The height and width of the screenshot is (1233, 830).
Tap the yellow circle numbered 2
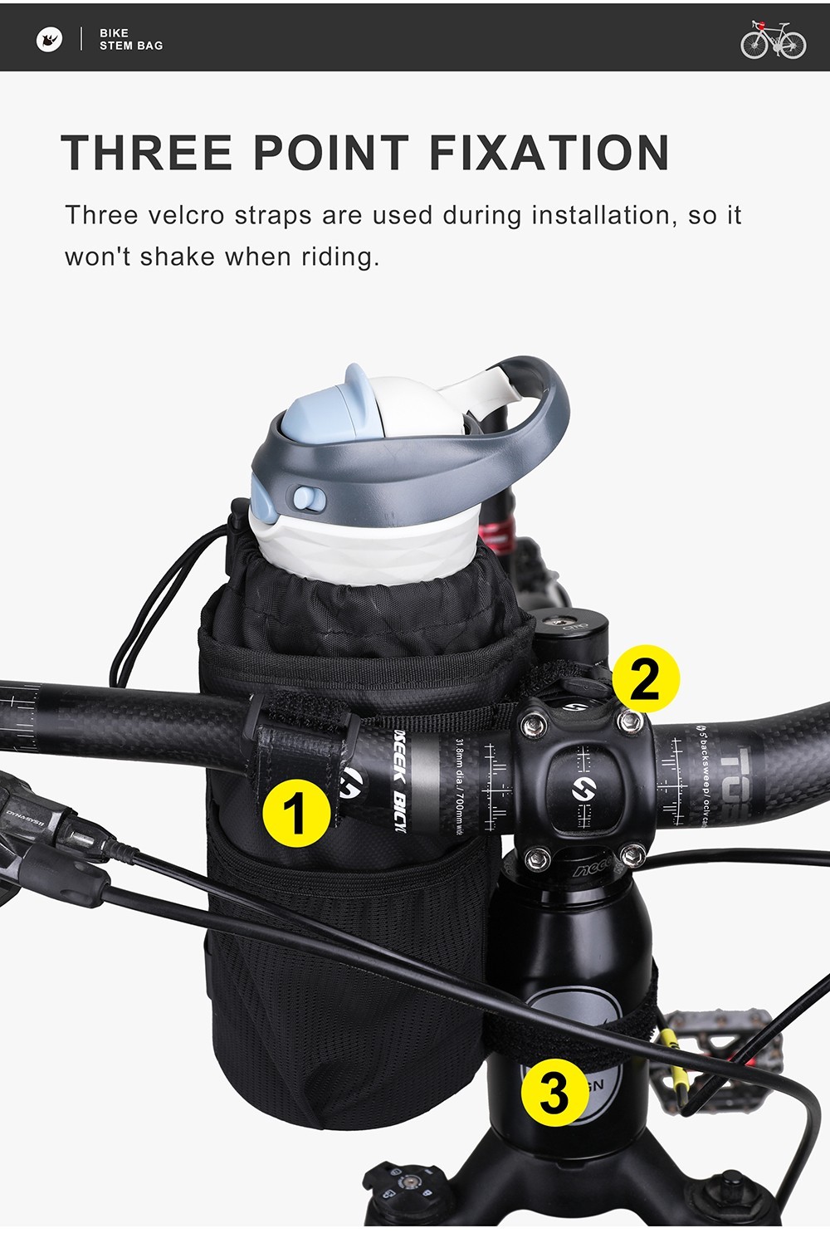645,678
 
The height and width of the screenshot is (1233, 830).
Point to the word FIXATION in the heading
549,153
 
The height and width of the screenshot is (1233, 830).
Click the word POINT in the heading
331,153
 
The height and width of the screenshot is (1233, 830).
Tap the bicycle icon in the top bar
773,39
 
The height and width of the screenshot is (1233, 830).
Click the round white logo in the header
50,39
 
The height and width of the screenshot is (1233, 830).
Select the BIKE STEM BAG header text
131,39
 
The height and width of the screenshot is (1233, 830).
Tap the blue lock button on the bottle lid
305,498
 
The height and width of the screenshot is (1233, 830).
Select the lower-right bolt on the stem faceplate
632,854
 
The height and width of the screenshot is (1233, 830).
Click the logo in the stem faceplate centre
581,789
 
